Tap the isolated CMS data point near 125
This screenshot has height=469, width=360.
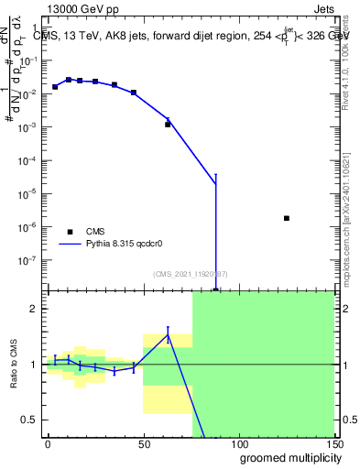click(x=287, y=218)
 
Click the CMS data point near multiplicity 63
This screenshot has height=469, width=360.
click(x=168, y=124)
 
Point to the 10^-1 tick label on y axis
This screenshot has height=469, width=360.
click(x=30, y=60)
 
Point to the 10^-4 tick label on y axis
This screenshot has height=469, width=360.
click(x=30, y=160)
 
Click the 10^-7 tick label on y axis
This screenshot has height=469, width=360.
click(x=30, y=260)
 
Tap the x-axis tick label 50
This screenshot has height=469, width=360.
click(x=143, y=444)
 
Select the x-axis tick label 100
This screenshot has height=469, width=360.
click(x=239, y=444)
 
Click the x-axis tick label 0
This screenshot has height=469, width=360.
click(x=48, y=444)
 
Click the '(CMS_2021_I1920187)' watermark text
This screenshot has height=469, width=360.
click(x=190, y=274)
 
